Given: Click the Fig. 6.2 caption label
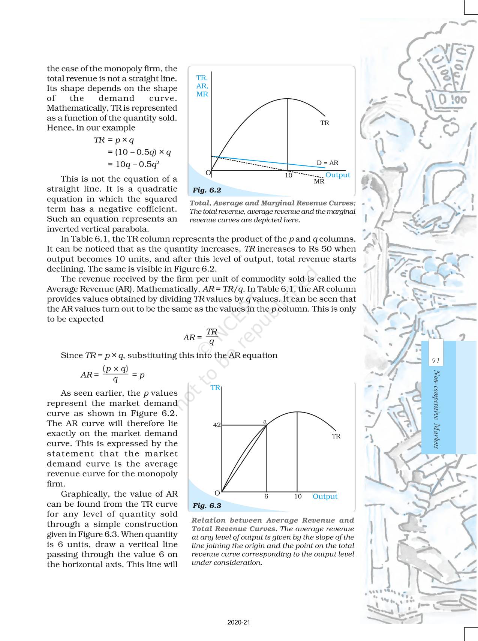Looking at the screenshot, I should pos(207,190).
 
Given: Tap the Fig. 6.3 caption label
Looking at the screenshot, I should pos(207,506).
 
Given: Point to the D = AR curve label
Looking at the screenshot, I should pos(327,163).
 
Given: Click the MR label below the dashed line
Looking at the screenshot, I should pos(319,182).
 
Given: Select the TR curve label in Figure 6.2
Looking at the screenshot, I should pos(325,123).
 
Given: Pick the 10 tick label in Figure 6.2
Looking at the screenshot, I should pos(288,175).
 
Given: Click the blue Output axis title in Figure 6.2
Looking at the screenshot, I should pos(337,175).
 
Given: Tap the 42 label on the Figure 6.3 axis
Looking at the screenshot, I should pos(217,425).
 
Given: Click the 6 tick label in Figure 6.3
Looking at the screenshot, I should pos(266,496).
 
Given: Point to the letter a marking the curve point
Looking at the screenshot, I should pos(265,422).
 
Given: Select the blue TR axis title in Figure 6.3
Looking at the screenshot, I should pos(215,388).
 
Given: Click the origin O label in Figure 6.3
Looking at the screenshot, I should pos(217,492).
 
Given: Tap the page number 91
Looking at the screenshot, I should pos(435,360).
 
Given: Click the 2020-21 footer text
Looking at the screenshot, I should pos(239,622).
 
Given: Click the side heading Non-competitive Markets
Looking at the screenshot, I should pos(436,409).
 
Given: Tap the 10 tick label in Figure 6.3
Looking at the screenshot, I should pos(298,496).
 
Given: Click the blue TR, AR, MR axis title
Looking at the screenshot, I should pos(202,86).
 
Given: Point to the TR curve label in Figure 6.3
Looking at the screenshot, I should pos(336,436).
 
